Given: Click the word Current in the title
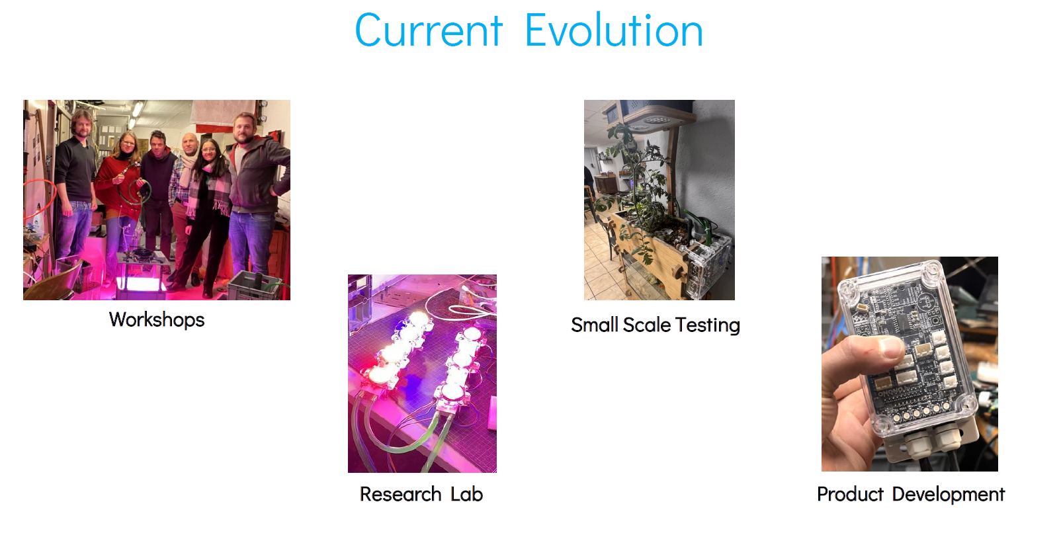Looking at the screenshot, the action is (429, 31).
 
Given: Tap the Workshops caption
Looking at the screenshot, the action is (157, 319).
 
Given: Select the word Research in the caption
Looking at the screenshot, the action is (401, 494).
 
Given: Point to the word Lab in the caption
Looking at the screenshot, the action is (466, 494).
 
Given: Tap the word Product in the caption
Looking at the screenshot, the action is (850, 494).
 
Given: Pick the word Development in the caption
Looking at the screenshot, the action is (949, 495).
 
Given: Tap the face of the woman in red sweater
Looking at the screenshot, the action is (128, 144).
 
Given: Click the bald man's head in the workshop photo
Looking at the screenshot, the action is (190, 142).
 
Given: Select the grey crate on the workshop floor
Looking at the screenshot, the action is (254, 285).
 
